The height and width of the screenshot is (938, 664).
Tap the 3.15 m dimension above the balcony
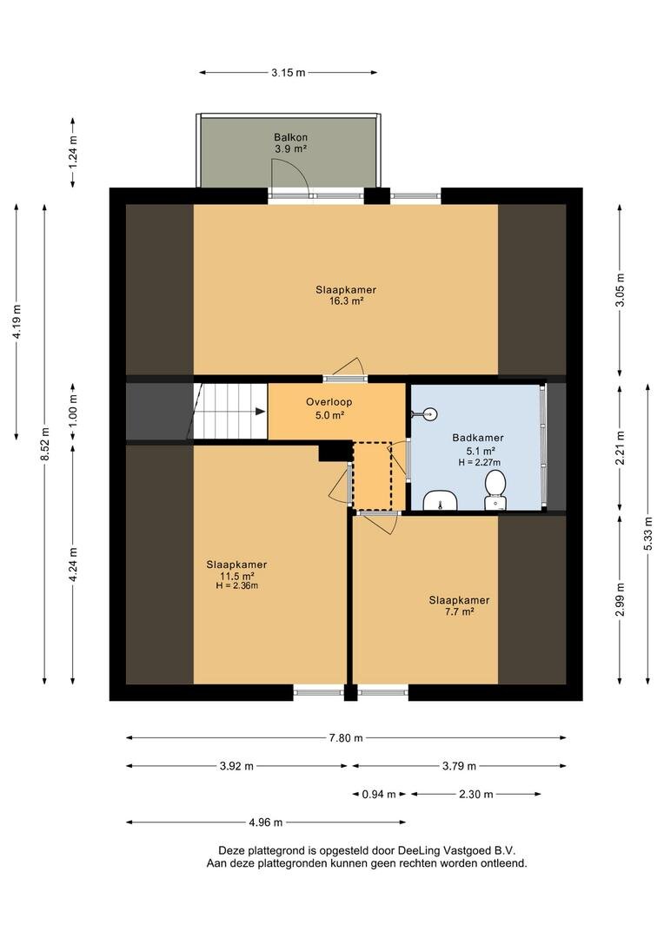pos(288,73)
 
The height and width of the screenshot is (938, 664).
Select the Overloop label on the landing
pos(329,402)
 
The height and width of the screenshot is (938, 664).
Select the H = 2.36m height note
pos(236,585)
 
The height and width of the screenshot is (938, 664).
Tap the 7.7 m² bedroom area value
pos(459,611)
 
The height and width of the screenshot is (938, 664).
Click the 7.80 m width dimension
pos(346,738)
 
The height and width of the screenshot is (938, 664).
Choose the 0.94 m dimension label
pos(379,795)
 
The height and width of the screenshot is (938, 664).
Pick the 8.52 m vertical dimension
pos(45,445)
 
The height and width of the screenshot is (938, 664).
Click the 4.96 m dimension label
pos(266,822)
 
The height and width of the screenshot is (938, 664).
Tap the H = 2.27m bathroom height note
pos(479,462)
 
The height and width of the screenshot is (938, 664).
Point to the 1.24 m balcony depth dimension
pos(73,153)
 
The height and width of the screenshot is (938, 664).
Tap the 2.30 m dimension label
pos(476,795)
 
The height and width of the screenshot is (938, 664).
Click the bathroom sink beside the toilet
pos(441,500)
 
